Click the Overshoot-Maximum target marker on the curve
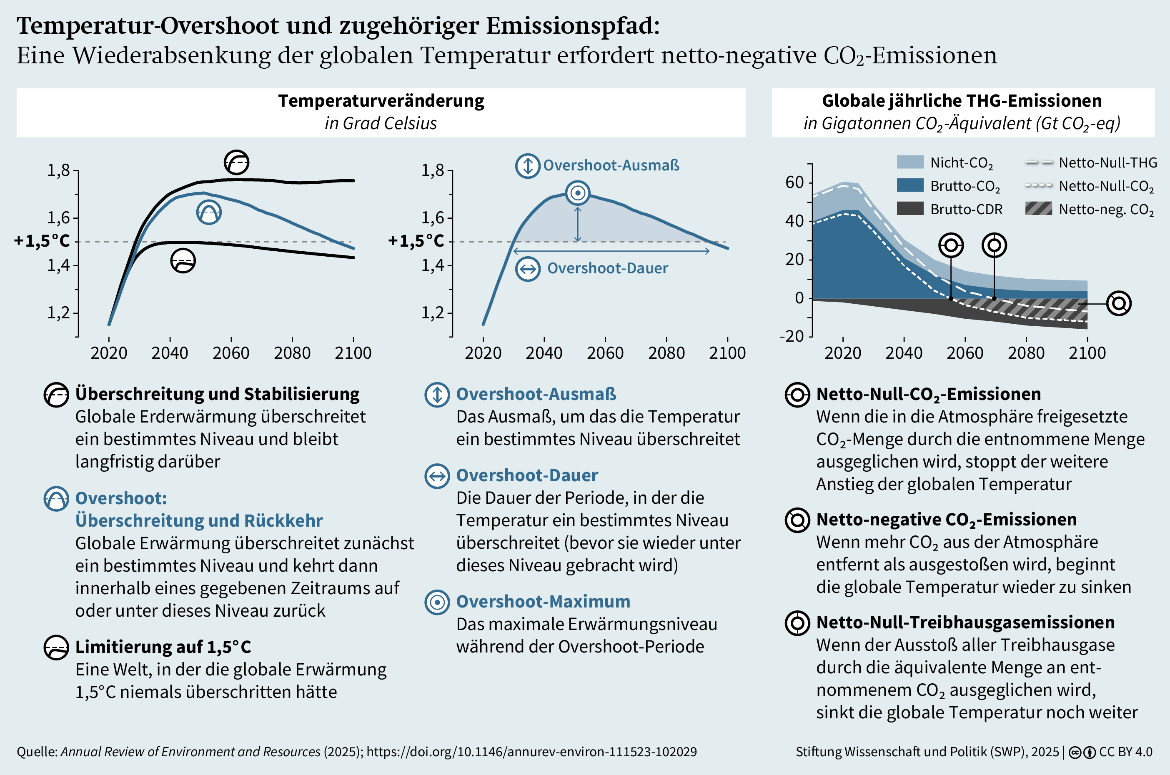(577, 193)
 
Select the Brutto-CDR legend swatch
(909, 209)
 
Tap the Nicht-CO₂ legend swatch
(909, 162)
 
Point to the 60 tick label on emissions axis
(794, 182)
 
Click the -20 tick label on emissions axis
(792, 336)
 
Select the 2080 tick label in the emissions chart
(1026, 353)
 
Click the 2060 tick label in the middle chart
(605, 353)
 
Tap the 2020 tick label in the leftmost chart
(109, 353)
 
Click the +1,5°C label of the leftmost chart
(42, 241)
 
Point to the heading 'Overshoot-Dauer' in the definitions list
(526, 475)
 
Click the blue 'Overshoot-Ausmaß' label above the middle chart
(611, 165)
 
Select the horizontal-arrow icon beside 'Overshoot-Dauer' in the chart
(528, 269)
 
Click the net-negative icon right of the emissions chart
(1119, 303)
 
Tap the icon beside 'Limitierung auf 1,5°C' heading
(56, 647)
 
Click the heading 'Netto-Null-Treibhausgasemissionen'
(965, 622)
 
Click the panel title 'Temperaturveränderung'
(381, 101)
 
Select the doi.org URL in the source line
(531, 752)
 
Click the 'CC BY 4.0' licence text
(1125, 752)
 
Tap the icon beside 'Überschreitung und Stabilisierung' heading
(56, 395)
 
